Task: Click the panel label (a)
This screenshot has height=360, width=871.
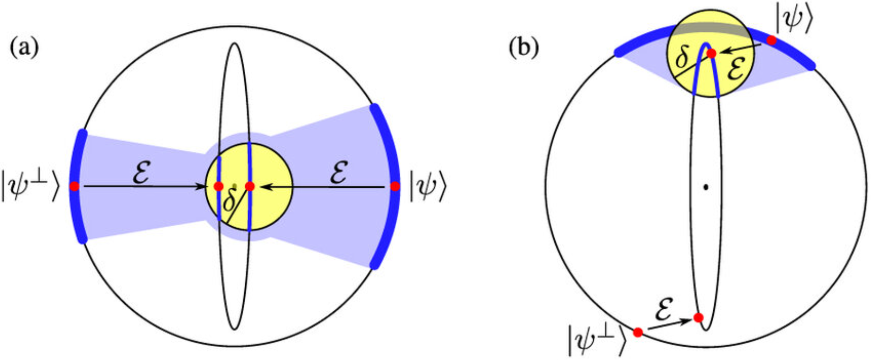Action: point(24,48)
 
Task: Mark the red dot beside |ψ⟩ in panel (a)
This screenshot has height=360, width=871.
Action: point(395,186)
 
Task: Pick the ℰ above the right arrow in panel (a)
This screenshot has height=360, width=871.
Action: point(338,174)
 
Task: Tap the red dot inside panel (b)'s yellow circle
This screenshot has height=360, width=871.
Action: point(711,54)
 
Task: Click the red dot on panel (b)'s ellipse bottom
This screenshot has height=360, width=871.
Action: point(698,318)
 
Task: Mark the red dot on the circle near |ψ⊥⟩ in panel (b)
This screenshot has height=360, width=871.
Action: point(638,332)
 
